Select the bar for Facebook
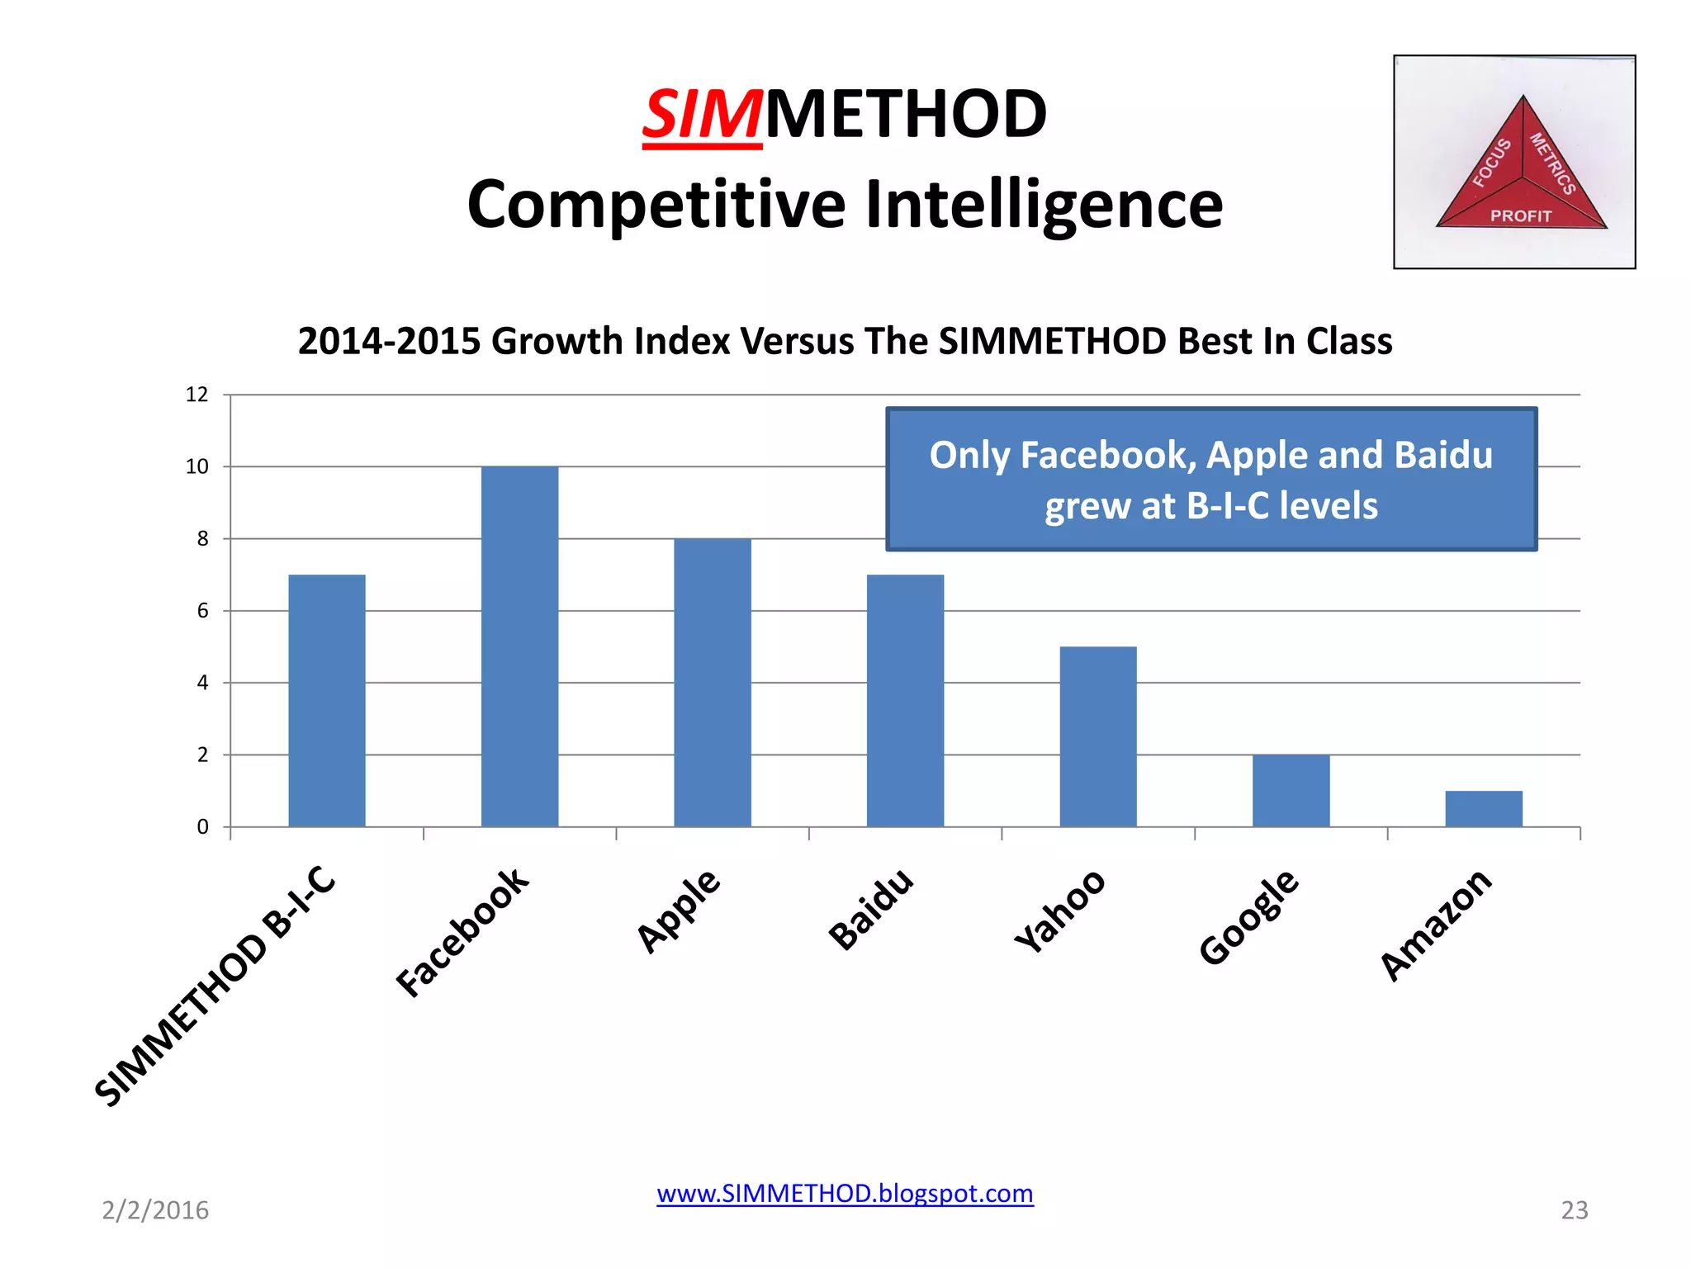(519, 646)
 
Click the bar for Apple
(713, 682)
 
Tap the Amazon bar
(1483, 809)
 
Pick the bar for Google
(1291, 790)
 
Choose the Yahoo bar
(1098, 736)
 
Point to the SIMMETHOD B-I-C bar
(327, 700)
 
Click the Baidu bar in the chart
(905, 700)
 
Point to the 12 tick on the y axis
(197, 395)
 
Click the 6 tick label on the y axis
(203, 611)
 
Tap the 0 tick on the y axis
(203, 827)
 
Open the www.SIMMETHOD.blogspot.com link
(845, 1194)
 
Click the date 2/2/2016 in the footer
(155, 1210)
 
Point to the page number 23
(1574, 1210)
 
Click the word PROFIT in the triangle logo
(1521, 216)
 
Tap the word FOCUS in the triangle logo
(1492, 163)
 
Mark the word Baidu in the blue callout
(1443, 455)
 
